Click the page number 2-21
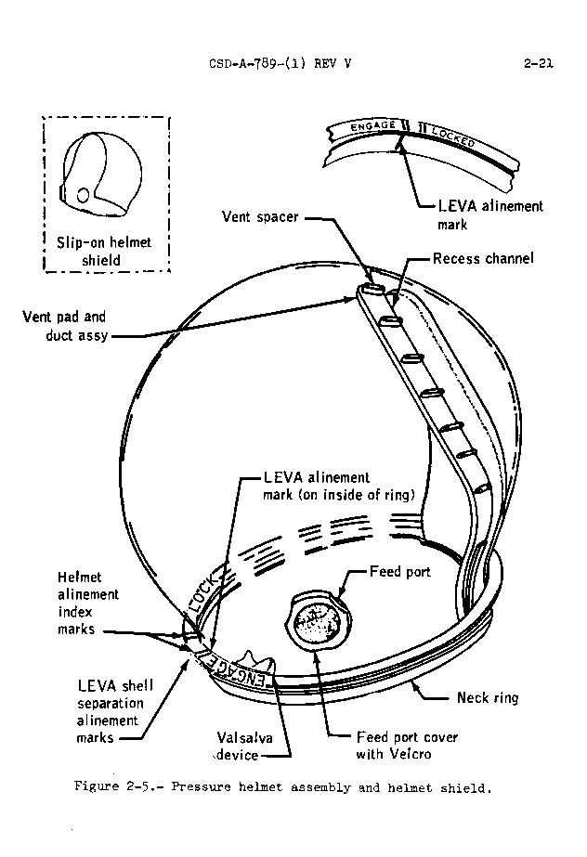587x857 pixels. tap(538, 64)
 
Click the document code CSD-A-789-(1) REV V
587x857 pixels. tap(284, 64)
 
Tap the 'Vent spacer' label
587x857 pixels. tap(260, 217)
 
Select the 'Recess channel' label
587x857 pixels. tap(483, 258)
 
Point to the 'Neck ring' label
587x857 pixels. tap(487, 697)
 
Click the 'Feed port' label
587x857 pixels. tap(399, 572)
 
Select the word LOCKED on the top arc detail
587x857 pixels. tap(453, 137)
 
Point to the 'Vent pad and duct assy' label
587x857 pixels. tap(64, 325)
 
